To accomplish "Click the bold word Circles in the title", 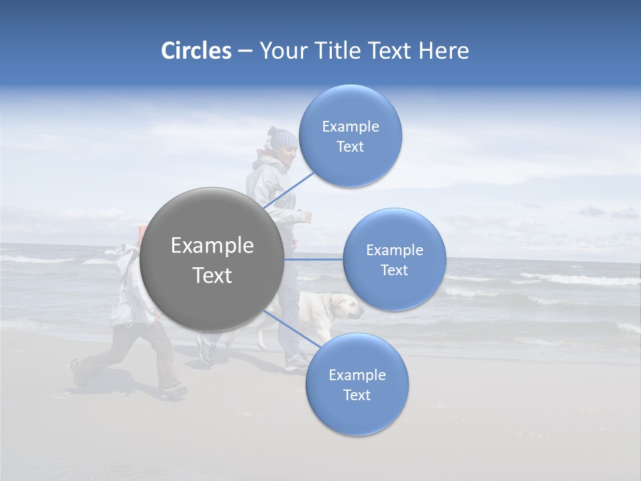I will (x=196, y=51).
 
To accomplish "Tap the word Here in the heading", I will (x=443, y=51).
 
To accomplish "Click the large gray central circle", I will (x=212, y=259).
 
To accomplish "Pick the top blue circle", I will (x=350, y=136).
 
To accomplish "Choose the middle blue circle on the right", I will (x=394, y=259).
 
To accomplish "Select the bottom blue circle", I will (x=357, y=384).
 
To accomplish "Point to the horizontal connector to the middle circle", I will (x=314, y=259).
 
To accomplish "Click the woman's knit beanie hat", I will (x=283, y=138).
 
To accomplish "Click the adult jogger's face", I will (x=287, y=157).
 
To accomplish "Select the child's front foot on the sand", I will (x=172, y=391).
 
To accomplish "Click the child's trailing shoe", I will (x=79, y=374).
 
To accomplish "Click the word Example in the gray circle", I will (x=212, y=246).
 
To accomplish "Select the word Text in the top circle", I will (x=350, y=147).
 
